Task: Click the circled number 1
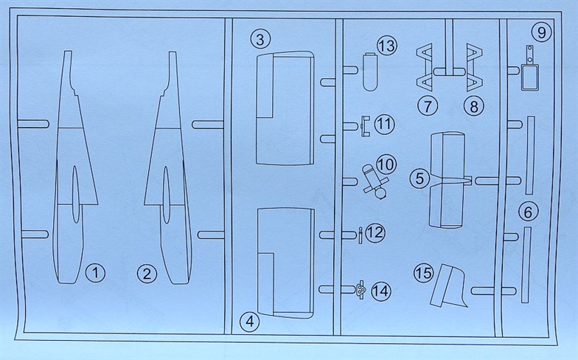tap(94, 273)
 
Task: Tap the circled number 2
tap(147, 274)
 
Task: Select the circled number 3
tap(260, 38)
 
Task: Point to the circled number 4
tap(251, 321)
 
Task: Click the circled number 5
tap(419, 178)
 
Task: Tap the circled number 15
tap(422, 273)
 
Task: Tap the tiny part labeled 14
tap(361, 291)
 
